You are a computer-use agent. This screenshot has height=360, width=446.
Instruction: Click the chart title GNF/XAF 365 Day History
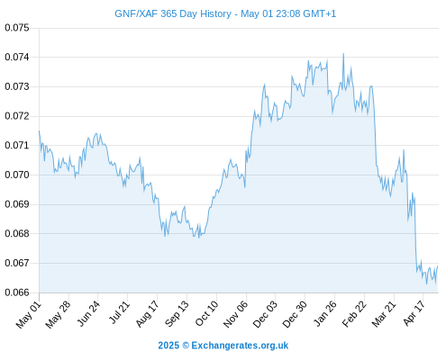coord(173,13)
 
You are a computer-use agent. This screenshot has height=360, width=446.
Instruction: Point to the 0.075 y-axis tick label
coord(17,28)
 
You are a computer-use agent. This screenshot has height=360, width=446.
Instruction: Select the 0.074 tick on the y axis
coord(17,57)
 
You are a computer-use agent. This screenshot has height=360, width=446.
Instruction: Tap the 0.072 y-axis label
coord(17,116)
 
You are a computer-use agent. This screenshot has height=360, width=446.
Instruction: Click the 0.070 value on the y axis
coord(17,175)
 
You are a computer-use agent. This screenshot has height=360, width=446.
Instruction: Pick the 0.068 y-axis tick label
coord(17,233)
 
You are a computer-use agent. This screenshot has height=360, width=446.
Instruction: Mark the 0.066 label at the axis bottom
coord(17,292)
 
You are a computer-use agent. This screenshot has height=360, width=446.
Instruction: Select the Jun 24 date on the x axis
coord(88,313)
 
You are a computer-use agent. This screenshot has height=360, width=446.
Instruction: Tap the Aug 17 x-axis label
coord(147,314)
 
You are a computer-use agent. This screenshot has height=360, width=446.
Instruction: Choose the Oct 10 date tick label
coord(206,313)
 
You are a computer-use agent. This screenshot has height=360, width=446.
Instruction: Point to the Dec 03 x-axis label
coord(265,314)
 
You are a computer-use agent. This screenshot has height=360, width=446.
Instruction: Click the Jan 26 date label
coord(325,313)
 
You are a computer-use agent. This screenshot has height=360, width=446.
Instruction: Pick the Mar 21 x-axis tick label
coord(384,314)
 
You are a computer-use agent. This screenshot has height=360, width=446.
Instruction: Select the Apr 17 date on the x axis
coord(414,313)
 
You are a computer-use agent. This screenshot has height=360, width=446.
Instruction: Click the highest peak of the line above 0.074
coord(343,54)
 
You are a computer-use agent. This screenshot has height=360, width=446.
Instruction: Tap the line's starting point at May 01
coord(39,130)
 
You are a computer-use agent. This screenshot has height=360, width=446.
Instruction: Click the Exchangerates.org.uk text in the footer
coord(240,346)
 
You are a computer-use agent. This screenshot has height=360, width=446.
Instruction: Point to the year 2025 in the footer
coord(168,346)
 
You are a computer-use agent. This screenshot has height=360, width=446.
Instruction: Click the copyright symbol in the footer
coord(186,346)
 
